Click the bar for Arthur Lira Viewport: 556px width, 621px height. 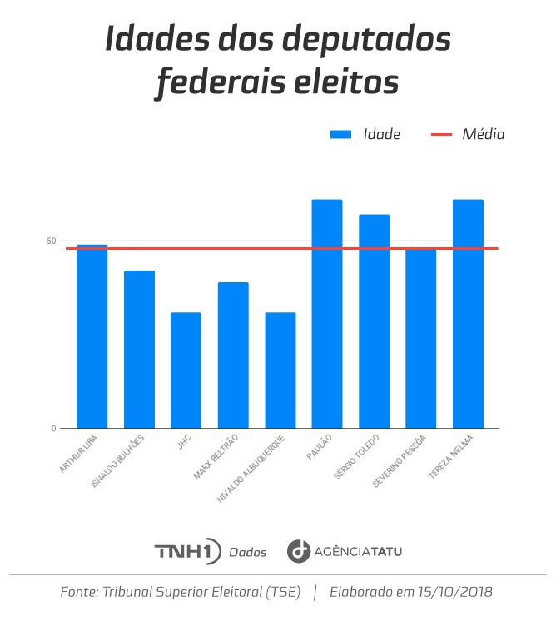tap(92, 336)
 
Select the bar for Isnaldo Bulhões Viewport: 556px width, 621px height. tap(139, 349)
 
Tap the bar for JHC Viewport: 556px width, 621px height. tap(186, 370)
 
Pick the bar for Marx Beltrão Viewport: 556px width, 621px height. tap(233, 355)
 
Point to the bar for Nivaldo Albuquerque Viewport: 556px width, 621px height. tap(280, 370)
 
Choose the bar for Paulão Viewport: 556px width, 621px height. tap(327, 314)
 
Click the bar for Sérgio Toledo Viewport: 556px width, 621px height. tap(374, 321)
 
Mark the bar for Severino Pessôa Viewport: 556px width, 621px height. tap(421, 338)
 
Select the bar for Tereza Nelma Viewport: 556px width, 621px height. tap(468, 314)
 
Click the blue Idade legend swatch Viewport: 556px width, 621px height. tap(342, 135)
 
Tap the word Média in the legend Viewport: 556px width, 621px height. tap(484, 135)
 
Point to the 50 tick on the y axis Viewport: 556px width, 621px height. tap(52, 241)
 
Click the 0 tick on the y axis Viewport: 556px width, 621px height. tap(53, 429)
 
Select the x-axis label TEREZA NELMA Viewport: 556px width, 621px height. tap(453, 455)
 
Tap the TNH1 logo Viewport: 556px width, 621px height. tap(187, 551)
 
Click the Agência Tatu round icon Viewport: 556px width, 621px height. tap(298, 551)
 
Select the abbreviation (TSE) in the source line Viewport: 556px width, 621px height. tap(282, 593)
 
